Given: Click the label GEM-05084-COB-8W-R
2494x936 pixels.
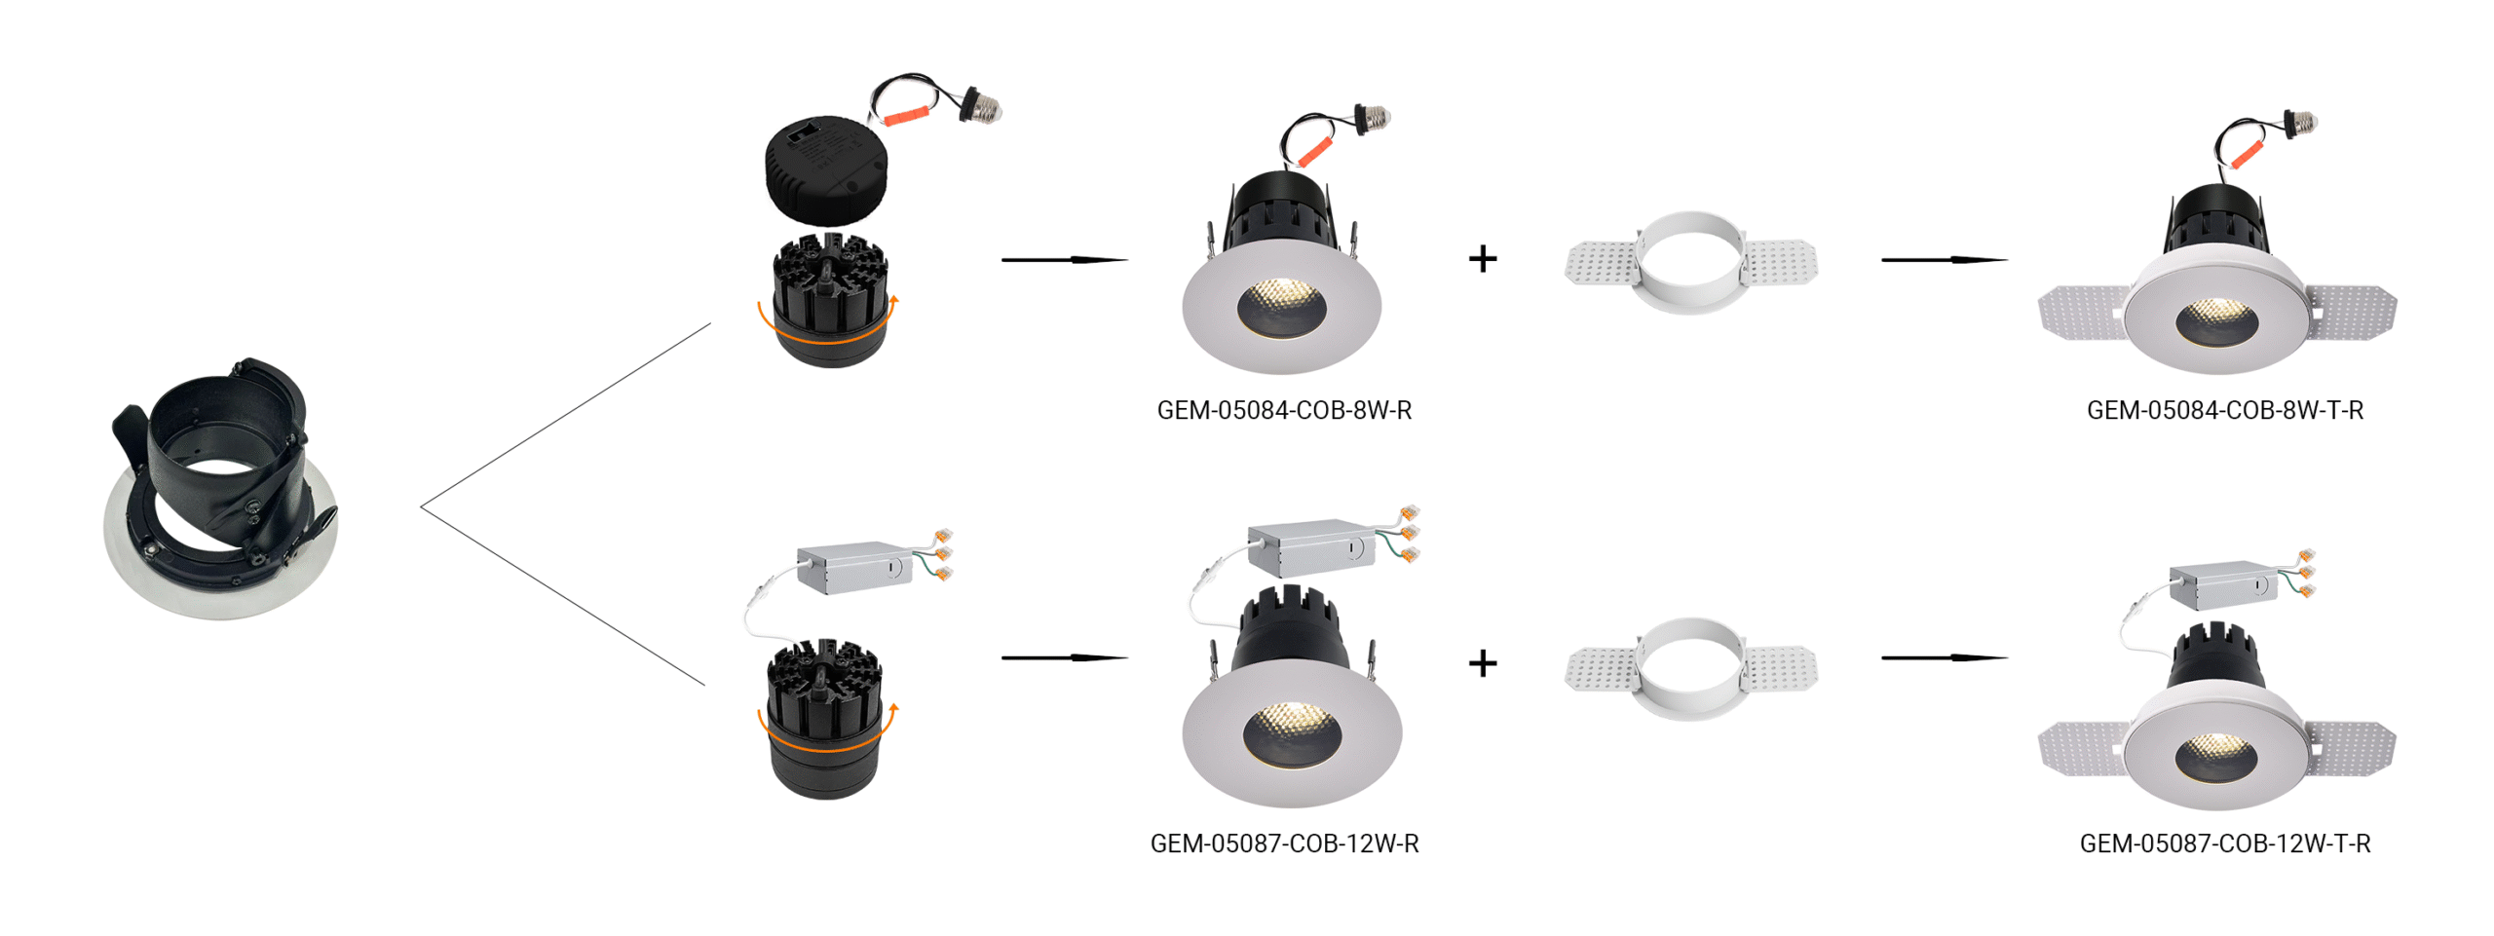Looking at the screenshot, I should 1283,410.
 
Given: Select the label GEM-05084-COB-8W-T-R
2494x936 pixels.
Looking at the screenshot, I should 2223,410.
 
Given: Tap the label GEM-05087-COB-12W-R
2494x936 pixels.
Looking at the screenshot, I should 1283,842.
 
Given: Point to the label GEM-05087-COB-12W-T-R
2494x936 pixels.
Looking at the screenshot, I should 2223,842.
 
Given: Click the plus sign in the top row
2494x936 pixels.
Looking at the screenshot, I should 1482,259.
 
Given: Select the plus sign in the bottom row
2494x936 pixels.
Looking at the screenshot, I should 1482,663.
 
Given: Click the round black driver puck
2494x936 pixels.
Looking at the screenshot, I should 826,169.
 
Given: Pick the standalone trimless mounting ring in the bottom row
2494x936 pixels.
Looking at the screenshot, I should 1689,668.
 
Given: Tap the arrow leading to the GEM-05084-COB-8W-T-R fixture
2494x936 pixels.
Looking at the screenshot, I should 1943,260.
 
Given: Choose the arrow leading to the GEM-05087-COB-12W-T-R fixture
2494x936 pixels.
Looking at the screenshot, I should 1943,657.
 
